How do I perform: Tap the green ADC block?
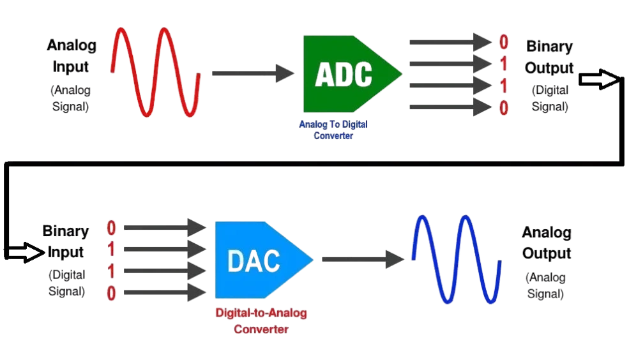click(x=345, y=74)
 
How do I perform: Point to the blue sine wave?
click(x=455, y=258)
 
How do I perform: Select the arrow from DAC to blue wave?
click(x=361, y=259)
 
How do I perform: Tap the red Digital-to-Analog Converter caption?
click(x=261, y=320)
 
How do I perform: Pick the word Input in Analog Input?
click(x=72, y=67)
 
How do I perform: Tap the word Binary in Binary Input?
click(x=66, y=231)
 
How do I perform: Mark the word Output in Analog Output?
click(x=547, y=253)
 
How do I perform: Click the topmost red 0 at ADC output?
click(x=504, y=42)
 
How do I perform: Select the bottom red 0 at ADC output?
click(x=504, y=108)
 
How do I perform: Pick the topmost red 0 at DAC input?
click(x=112, y=228)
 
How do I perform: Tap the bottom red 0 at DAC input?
click(x=112, y=293)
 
